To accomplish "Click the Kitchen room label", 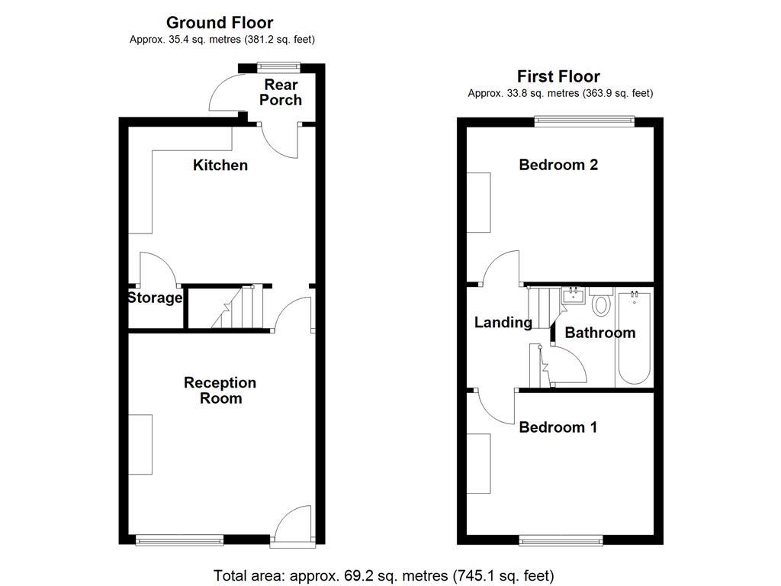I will tap(220, 165).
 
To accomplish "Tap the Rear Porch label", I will tap(281, 92).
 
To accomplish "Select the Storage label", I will tap(155, 298).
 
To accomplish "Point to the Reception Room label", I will tap(220, 390).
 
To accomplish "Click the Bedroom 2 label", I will tap(558, 165).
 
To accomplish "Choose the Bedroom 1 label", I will tap(558, 427).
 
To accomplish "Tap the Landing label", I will tap(503, 323).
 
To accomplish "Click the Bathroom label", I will tap(599, 333).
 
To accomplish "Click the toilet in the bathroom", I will tap(601, 304).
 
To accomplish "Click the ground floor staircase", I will tap(237, 307).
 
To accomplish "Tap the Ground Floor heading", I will tap(220, 23).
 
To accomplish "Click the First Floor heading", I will tap(558, 76).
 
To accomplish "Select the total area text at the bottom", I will tap(384, 575).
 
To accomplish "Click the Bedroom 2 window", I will tap(584, 119).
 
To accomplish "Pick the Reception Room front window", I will tap(180, 540).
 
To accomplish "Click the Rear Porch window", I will tap(278, 66).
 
